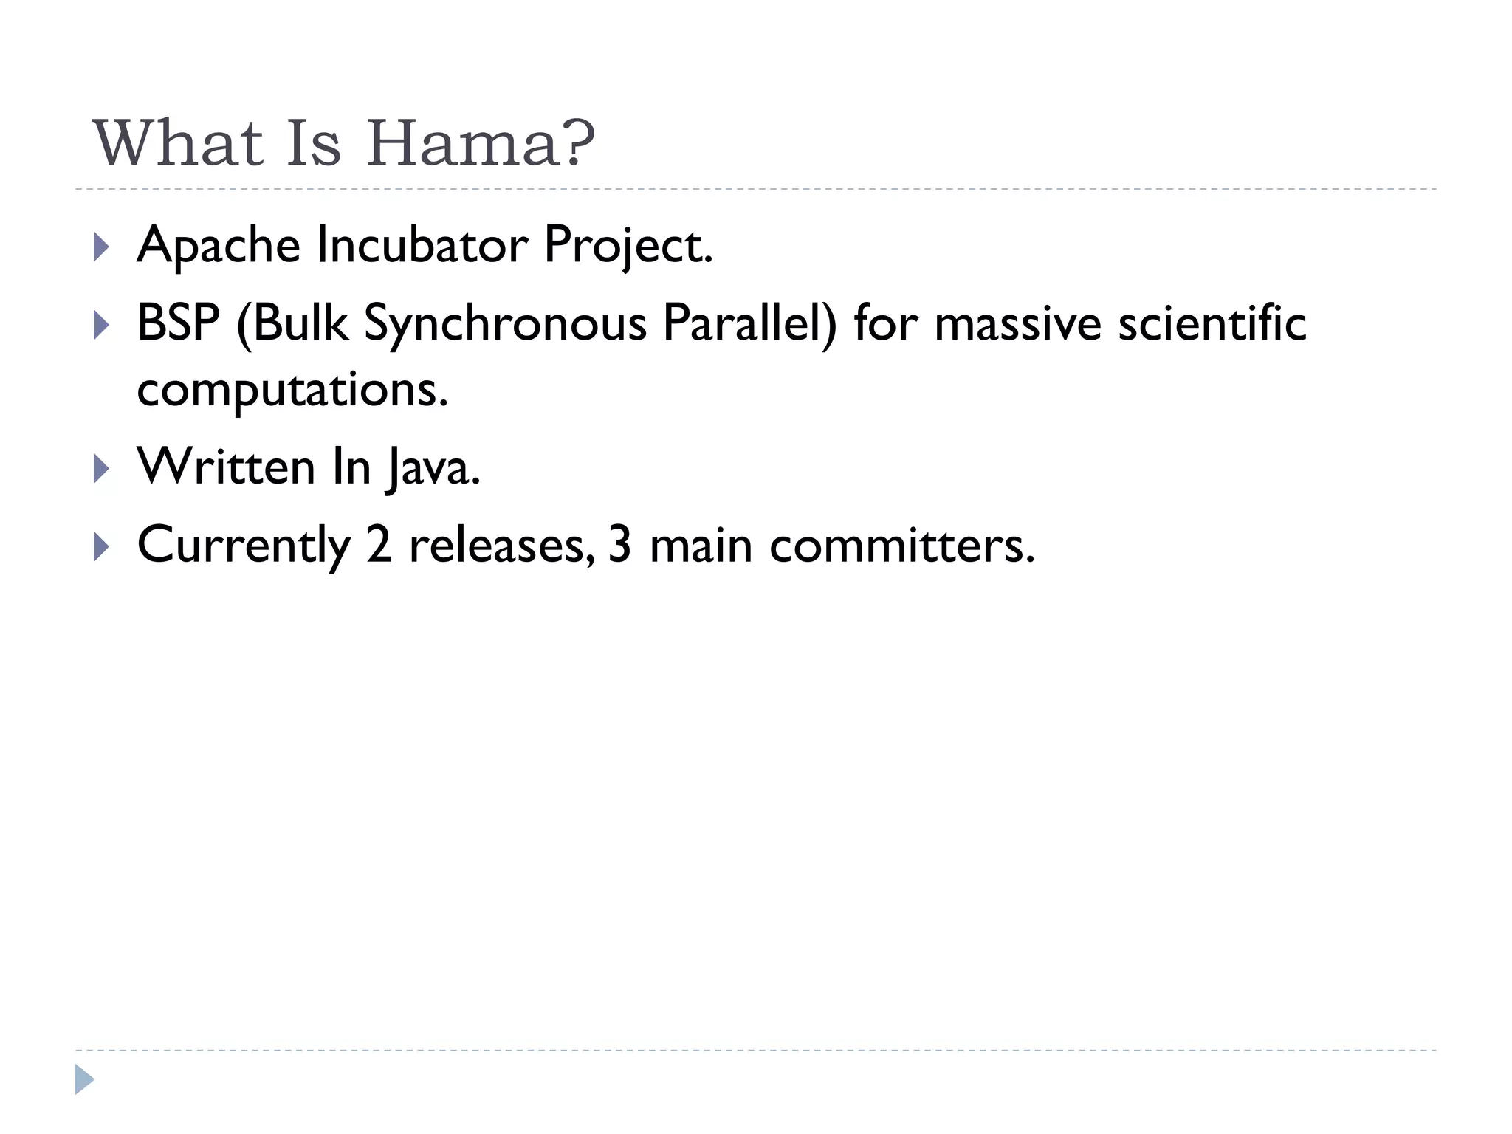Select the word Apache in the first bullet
219,245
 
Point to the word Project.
628,245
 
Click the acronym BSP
178,323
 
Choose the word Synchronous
505,323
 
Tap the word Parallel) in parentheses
749,323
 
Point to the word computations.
292,389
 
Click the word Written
227,467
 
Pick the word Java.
433,467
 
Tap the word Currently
244,546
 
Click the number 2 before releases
379,546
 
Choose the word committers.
902,546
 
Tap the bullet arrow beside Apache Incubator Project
102,247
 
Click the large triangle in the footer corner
84,1079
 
